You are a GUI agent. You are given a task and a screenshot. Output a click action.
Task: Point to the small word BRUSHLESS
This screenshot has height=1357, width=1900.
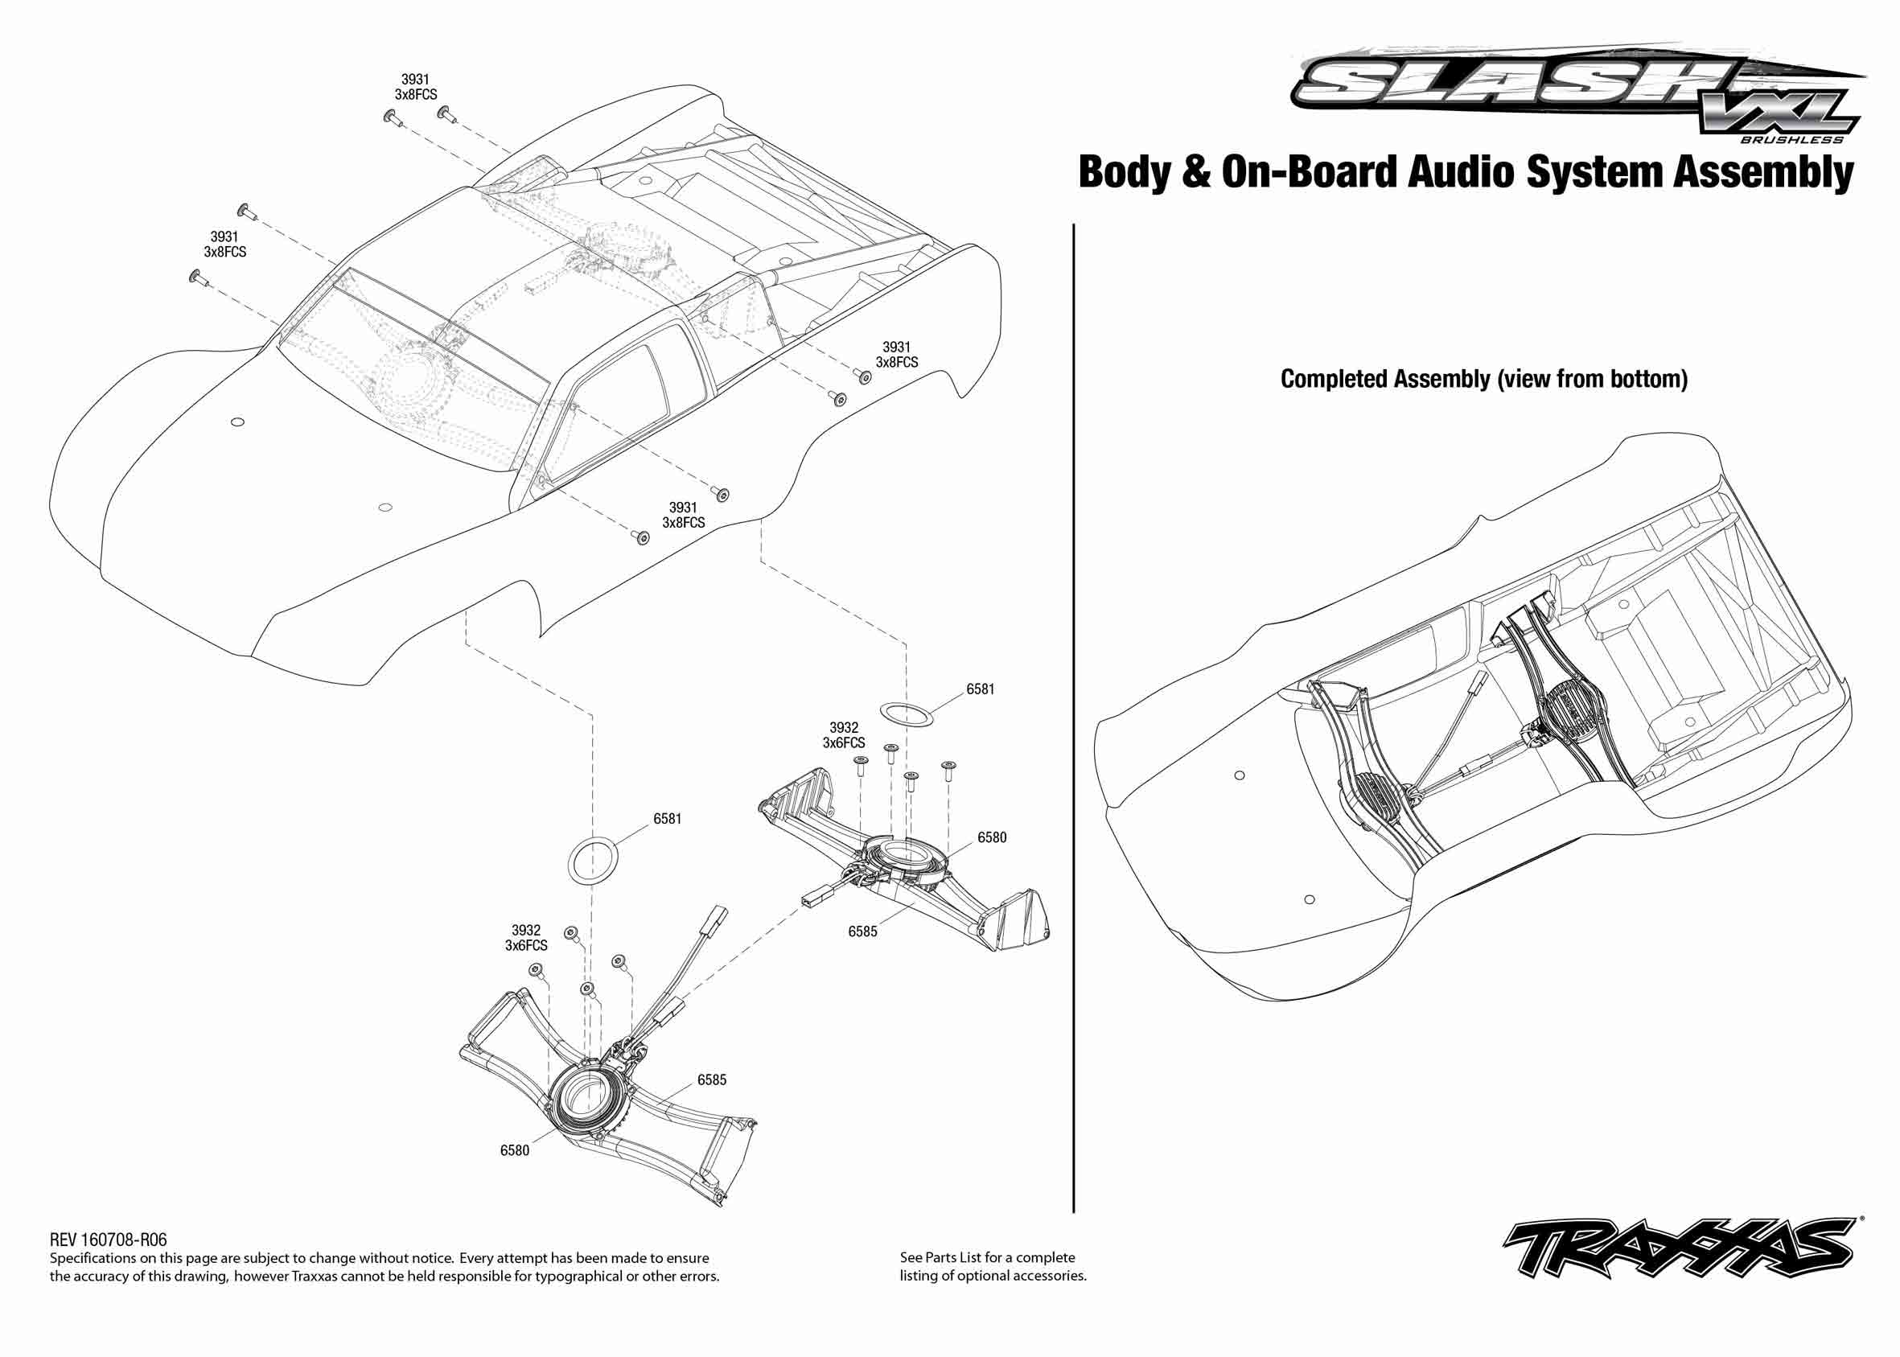click(x=1791, y=139)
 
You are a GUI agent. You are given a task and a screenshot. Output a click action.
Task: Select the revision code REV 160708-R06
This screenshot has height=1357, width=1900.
click(x=108, y=1240)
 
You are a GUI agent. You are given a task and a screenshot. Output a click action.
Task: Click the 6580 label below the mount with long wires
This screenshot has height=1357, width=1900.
click(x=514, y=1150)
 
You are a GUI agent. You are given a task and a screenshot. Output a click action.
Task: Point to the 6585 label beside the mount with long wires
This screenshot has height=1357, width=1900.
click(x=711, y=1079)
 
